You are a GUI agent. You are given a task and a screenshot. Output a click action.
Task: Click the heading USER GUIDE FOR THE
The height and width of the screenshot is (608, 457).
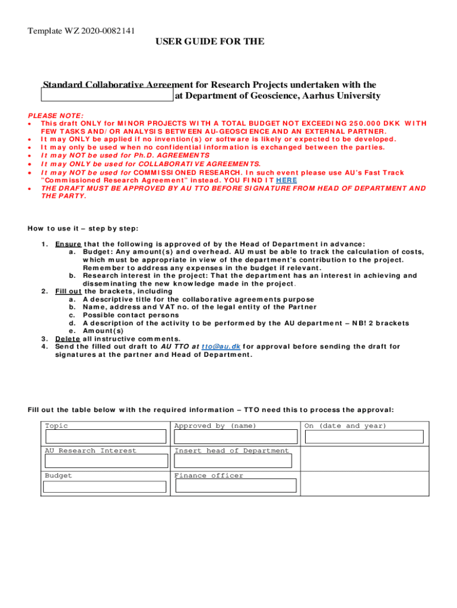coord(210,42)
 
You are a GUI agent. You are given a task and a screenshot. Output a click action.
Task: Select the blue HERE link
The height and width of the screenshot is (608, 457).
coord(286,180)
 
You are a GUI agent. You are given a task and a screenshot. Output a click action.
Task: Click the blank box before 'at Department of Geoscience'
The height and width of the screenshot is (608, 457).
coord(107,96)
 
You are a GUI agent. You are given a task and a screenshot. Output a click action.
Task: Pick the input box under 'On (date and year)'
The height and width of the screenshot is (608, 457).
coord(364,437)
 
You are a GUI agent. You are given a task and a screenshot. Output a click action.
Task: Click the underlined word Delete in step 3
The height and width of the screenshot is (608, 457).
coord(68,338)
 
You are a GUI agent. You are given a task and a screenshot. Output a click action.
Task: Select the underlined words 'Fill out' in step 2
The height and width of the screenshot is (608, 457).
coord(68,291)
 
